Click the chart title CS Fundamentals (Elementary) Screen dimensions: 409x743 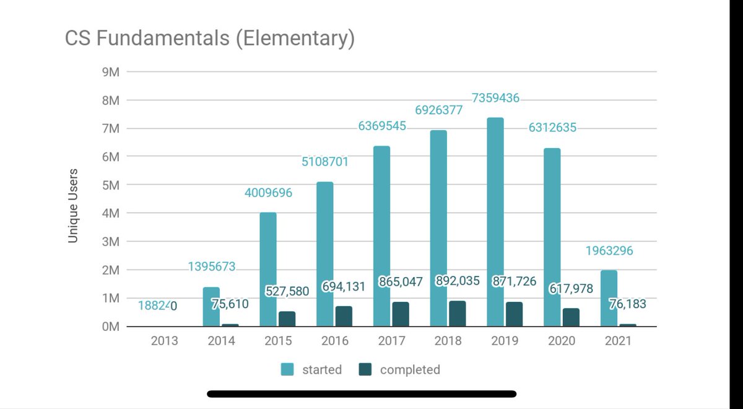[210, 38]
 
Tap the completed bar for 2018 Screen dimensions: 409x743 [457, 314]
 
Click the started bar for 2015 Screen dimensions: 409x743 [268, 270]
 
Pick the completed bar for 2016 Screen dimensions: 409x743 [344, 316]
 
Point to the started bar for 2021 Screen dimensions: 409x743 [609, 298]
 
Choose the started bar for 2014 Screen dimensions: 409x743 [211, 307]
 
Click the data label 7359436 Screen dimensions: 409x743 [495, 98]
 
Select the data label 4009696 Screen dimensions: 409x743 [268, 193]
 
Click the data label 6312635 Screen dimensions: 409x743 [552, 128]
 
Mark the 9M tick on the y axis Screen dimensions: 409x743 [111, 72]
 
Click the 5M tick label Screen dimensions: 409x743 [111, 185]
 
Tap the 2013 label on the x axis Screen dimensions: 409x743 [164, 341]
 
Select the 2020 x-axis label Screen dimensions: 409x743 [562, 341]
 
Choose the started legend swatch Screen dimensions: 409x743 [287, 370]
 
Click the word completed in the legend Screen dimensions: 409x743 [410, 370]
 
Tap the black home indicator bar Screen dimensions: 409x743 [362, 394]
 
